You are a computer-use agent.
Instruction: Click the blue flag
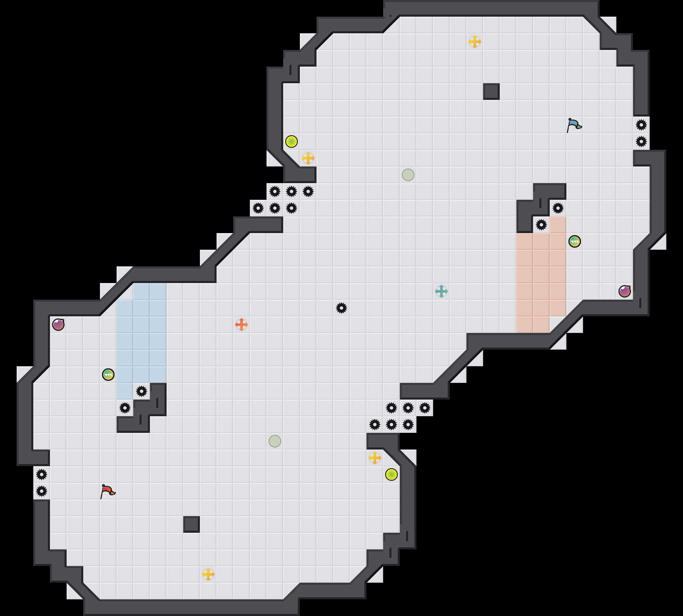tap(574, 125)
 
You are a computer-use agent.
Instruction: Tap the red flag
tap(107, 491)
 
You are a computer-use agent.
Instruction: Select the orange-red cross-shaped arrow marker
tap(242, 325)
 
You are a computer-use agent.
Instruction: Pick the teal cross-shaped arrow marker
tap(441, 291)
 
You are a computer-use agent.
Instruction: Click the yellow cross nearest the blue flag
tap(475, 42)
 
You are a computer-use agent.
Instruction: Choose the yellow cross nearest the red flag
tap(208, 574)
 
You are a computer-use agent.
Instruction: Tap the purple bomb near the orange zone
tap(625, 291)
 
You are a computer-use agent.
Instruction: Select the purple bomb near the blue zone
tap(58, 325)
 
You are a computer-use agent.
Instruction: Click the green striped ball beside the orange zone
tap(575, 241)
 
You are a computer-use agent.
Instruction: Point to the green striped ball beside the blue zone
tap(108, 375)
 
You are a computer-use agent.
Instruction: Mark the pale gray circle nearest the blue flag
tap(408, 175)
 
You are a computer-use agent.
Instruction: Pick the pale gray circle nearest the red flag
tap(275, 441)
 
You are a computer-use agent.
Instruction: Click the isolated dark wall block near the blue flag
tap(491, 92)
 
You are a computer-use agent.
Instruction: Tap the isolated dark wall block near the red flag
tap(192, 524)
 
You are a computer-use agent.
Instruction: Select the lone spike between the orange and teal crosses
tap(341, 308)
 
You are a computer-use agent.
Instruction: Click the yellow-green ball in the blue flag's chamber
tap(292, 142)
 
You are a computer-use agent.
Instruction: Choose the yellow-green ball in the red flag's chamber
tap(391, 474)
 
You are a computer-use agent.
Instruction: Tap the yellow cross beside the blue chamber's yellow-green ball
tap(308, 158)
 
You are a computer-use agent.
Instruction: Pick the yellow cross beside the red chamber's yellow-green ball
tap(375, 458)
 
